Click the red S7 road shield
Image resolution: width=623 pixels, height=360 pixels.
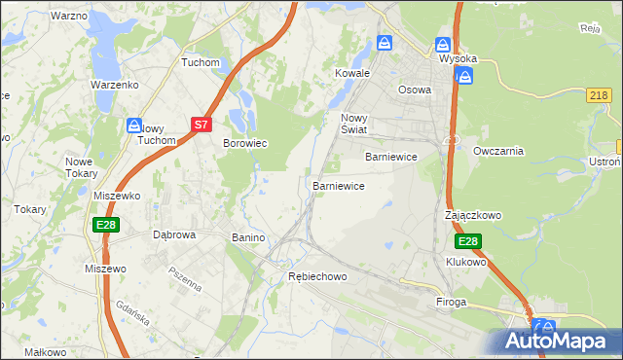tap(201, 125)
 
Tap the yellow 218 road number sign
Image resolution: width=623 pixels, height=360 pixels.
tap(600, 94)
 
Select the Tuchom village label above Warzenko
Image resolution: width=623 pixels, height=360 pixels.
tap(202, 62)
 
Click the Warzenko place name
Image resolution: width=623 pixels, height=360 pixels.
tap(115, 85)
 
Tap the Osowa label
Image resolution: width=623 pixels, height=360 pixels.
tap(415, 89)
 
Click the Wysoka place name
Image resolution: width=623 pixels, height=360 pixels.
tap(458, 58)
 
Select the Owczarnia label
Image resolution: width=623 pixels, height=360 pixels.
tap(498, 151)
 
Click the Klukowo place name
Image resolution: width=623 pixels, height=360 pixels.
tap(465, 263)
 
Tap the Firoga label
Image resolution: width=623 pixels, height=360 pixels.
tap(452, 303)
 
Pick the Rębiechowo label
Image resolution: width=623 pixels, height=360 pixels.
tap(317, 277)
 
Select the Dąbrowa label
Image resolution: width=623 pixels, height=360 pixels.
tap(175, 234)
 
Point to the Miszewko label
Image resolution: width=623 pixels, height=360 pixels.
tap(117, 196)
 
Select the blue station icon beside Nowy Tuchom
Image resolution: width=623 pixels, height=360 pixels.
tap(134, 125)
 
